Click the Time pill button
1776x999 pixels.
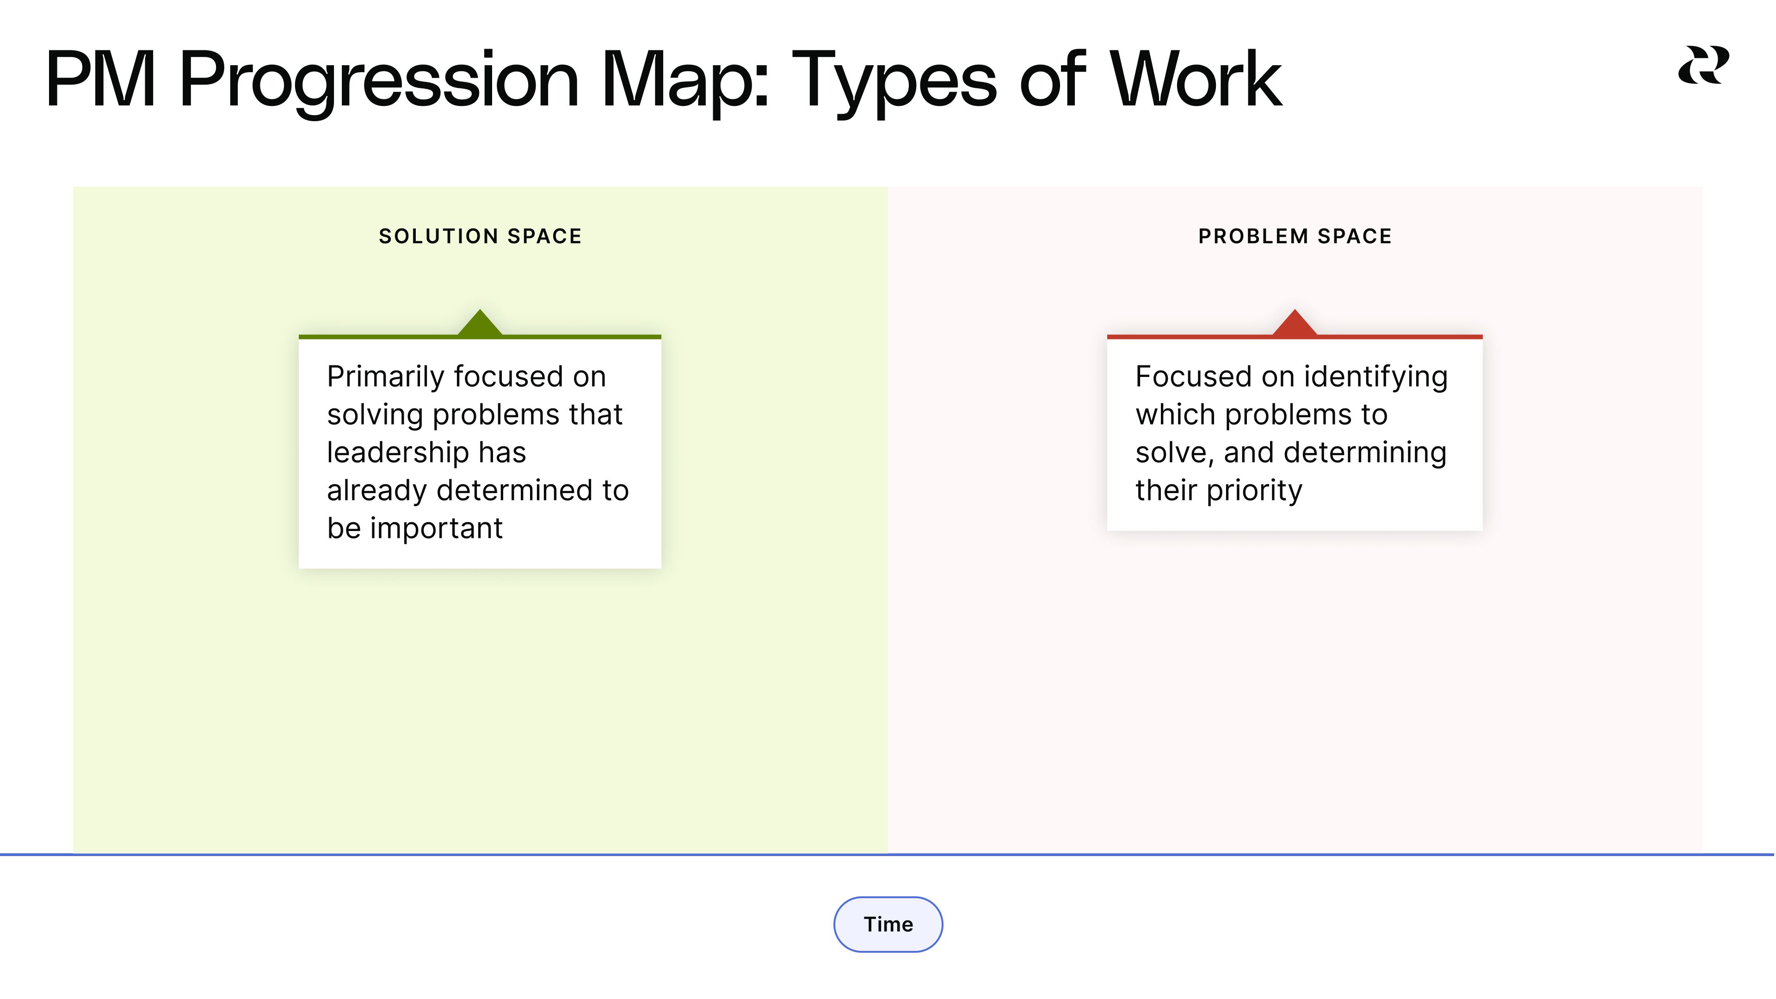(888, 924)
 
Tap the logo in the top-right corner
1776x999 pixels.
(1703, 66)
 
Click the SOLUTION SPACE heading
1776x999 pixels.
(481, 236)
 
